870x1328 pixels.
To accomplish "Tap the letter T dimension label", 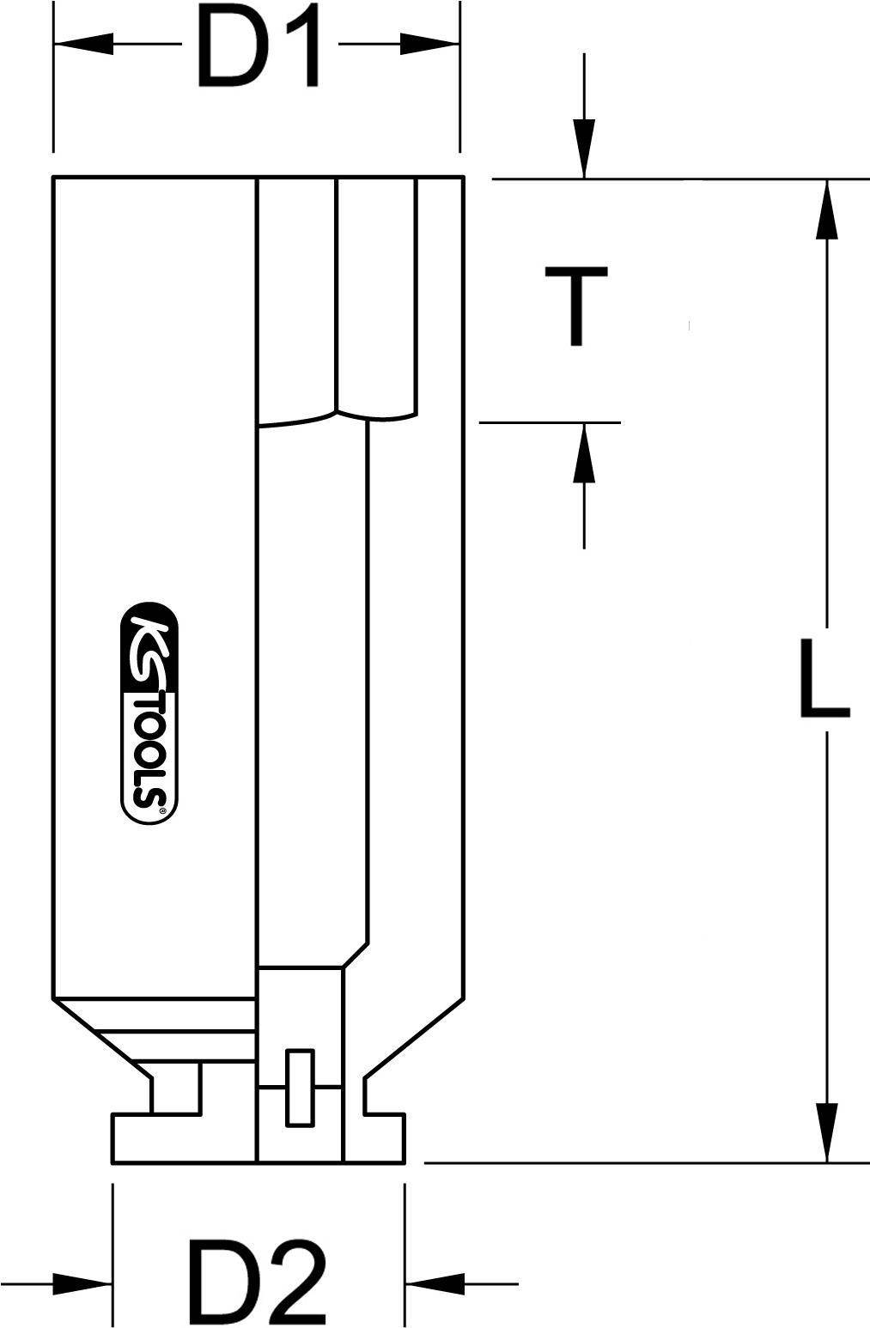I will point(576,306).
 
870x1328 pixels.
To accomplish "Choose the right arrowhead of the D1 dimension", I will point(429,44).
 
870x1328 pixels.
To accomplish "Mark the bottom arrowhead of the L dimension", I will point(826,1132).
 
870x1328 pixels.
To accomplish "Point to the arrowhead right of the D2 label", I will point(435,1284).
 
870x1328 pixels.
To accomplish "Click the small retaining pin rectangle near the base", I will point(299,1088).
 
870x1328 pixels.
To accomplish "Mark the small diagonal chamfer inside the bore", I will point(356,955).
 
